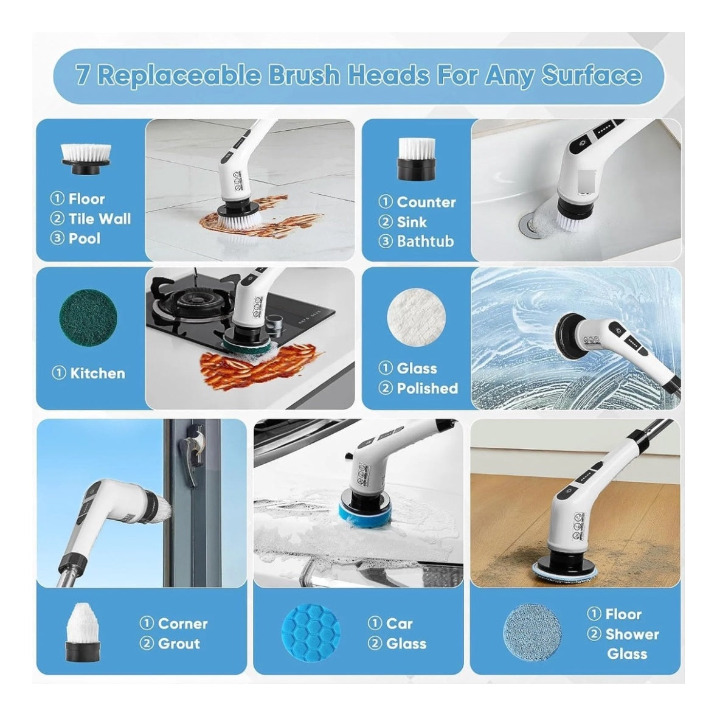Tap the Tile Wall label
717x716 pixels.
[x=100, y=218]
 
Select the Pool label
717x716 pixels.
[x=85, y=238]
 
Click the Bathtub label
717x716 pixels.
[x=425, y=241]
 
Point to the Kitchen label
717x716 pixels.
[x=97, y=374]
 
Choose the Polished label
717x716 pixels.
[x=427, y=389]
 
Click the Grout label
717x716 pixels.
[x=179, y=644]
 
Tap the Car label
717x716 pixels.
[x=399, y=624]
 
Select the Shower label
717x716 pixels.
[x=632, y=634]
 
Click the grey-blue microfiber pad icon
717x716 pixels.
[x=533, y=633]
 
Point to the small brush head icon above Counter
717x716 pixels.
[x=415, y=159]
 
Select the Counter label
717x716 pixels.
[x=426, y=202]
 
